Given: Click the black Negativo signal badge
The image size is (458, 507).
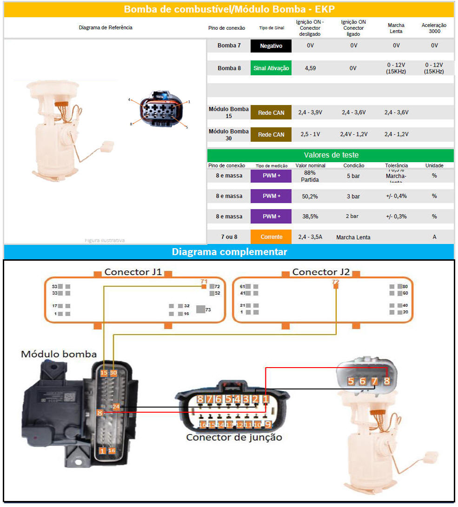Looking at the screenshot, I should [271, 46].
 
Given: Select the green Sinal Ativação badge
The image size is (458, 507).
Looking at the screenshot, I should [271, 68].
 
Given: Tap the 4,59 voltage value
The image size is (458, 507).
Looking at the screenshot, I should [310, 68].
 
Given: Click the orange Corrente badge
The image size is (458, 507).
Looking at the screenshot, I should [271, 237].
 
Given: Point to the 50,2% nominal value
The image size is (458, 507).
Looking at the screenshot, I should [310, 196].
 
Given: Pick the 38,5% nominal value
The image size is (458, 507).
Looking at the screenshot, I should [310, 217].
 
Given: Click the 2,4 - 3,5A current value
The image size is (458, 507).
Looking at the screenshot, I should [310, 237].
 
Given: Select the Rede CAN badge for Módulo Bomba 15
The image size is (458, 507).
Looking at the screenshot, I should [271, 112].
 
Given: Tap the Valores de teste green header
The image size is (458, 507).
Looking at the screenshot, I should [331, 155].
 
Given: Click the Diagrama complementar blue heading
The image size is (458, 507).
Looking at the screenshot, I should [229, 252].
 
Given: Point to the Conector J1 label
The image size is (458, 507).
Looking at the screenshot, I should [133, 272].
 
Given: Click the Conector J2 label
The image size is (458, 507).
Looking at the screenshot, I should [321, 272].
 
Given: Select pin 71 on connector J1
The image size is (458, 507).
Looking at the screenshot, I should [204, 286].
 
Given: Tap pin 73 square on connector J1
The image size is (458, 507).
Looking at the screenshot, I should [200, 309].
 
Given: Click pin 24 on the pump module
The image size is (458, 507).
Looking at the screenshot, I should [116, 407].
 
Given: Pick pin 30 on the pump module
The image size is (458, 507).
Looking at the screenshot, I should [113, 373].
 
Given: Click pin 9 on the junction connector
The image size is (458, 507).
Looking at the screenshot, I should [267, 424].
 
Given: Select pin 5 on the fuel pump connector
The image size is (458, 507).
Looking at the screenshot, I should [351, 381].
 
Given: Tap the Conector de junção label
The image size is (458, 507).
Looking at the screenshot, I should [234, 437].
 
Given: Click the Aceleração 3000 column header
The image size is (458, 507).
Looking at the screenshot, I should [434, 28].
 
